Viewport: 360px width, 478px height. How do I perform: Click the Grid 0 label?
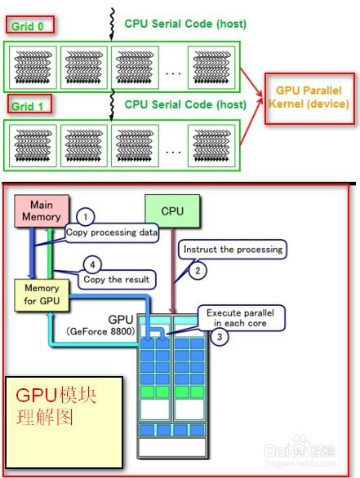30,26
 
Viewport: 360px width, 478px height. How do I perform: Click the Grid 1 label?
30,104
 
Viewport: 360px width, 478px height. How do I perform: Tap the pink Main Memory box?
46,211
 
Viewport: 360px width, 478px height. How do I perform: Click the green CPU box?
172,210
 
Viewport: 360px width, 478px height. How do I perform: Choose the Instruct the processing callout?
233,249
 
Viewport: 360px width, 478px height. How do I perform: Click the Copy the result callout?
116,280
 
